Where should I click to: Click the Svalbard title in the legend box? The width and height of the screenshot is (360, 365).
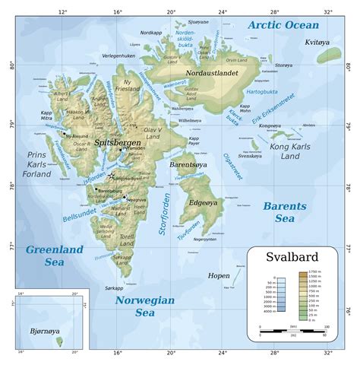(x=292, y=257)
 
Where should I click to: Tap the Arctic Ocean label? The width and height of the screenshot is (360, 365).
(x=283, y=26)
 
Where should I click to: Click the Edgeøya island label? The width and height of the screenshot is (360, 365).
(x=203, y=202)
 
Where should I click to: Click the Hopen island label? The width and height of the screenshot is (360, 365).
(x=219, y=275)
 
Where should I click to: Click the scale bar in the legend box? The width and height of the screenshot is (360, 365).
(x=292, y=332)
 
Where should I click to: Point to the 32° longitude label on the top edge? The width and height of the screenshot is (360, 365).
(x=327, y=12)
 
